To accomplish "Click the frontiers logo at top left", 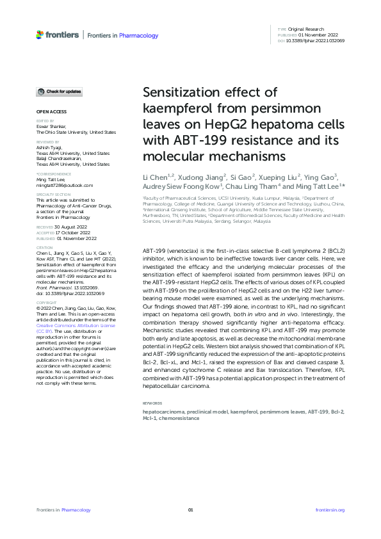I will [x=58, y=35].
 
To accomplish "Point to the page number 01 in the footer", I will [x=190, y=510].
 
